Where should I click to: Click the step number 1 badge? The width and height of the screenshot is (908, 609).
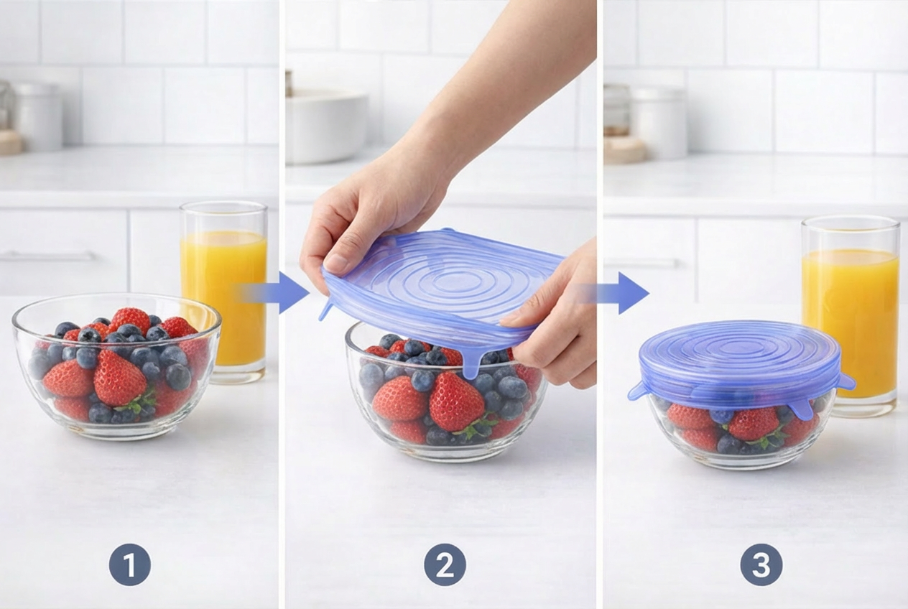[x=130, y=565]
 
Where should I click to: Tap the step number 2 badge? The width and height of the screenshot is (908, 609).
[x=445, y=565]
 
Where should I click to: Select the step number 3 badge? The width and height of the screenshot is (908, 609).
[x=761, y=565]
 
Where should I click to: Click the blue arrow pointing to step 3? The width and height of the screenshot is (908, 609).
[x=616, y=292]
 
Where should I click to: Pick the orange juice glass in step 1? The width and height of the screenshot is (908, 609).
[x=223, y=292]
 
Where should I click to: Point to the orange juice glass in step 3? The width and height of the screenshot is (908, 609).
[x=851, y=316]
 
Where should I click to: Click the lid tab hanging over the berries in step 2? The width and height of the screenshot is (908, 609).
[x=471, y=363]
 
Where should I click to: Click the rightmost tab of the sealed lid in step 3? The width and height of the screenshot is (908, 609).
[x=846, y=381]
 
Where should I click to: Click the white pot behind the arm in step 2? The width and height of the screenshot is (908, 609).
[x=327, y=126]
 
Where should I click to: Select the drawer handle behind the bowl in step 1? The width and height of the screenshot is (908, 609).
[x=48, y=256]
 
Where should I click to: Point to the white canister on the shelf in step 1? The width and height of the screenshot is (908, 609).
[x=39, y=117]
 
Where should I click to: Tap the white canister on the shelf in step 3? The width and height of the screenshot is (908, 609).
[x=661, y=124]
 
